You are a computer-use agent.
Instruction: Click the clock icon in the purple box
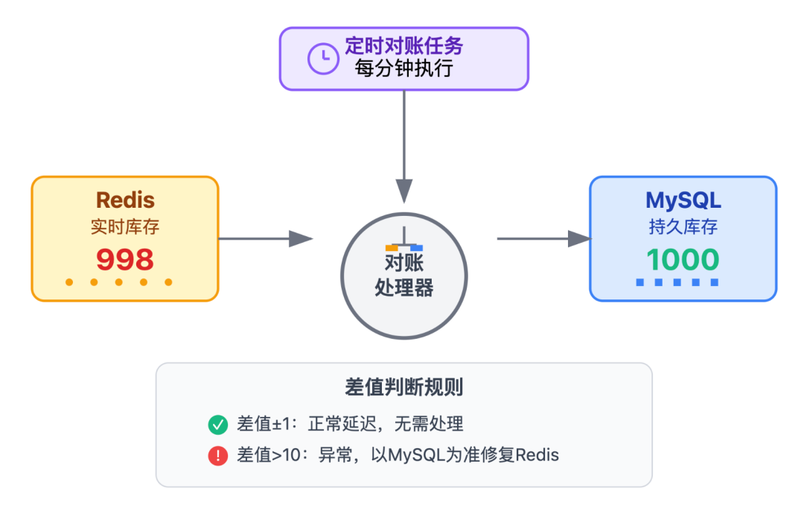coord(323,59)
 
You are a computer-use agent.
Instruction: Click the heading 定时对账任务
coord(403,46)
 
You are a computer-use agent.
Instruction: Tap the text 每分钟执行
coord(403,69)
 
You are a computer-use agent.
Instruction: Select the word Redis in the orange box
coord(125,200)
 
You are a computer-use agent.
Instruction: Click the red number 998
coord(125,260)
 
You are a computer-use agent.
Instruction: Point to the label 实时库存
coord(125,227)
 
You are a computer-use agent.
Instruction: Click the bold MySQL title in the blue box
coord(683,200)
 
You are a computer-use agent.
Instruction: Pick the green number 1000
coord(683,260)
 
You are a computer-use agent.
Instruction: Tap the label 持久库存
coord(683,227)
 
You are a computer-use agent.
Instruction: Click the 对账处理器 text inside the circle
coord(403,275)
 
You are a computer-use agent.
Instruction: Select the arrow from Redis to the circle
coord(265,238)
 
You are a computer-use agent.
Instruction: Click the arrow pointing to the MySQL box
coord(543,238)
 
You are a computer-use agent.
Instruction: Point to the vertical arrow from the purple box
coord(403,145)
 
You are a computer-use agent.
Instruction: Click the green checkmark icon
coord(217,425)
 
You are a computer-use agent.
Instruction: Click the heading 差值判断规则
coord(403,387)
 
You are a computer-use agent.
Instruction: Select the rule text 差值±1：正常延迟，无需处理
coord(350,424)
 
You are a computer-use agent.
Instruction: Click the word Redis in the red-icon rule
coord(537,455)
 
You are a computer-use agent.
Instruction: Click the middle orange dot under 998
coord(118,282)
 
